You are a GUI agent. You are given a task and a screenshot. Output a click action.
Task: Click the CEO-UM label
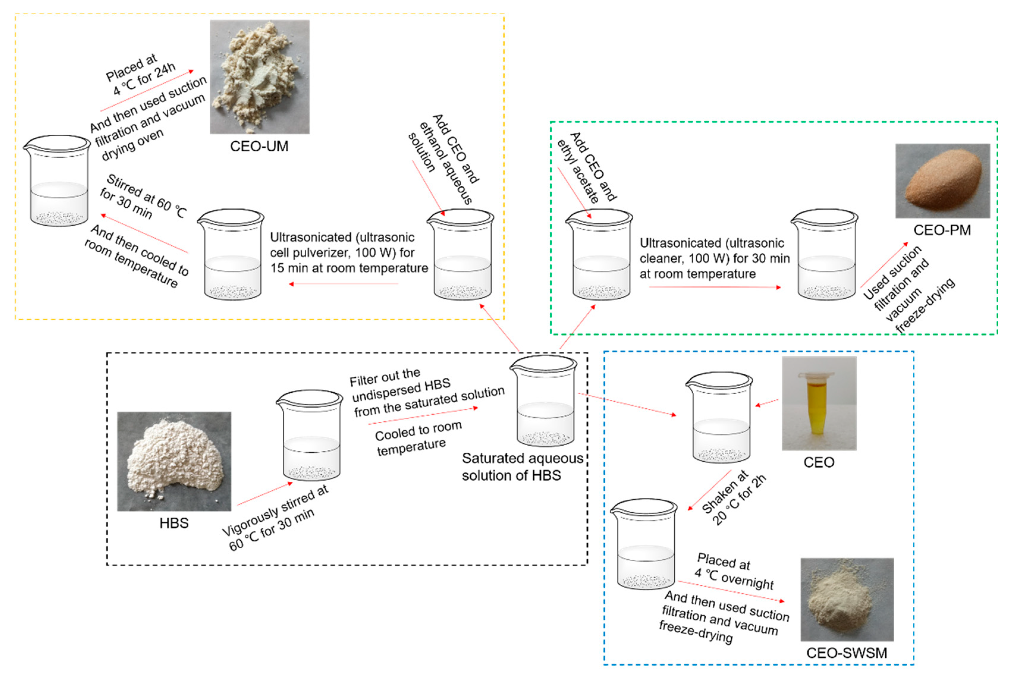click(259, 146)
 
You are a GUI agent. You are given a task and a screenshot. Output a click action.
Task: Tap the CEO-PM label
click(942, 230)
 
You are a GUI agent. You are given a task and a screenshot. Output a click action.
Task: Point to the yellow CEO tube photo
click(819, 403)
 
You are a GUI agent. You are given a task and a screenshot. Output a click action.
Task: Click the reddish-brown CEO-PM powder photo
click(942, 181)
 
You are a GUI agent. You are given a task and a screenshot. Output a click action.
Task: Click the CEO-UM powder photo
click(260, 77)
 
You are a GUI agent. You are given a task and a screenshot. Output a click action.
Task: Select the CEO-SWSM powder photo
click(847, 599)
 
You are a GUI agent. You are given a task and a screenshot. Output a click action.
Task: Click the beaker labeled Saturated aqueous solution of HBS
click(544, 402)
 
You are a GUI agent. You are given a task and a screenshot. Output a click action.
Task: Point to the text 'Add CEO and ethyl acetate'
click(586, 167)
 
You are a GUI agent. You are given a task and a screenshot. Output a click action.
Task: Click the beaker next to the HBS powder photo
click(310, 435)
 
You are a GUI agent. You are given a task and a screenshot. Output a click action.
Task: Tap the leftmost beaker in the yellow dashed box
click(57, 181)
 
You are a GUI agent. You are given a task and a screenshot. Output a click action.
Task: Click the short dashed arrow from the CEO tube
click(767, 403)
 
